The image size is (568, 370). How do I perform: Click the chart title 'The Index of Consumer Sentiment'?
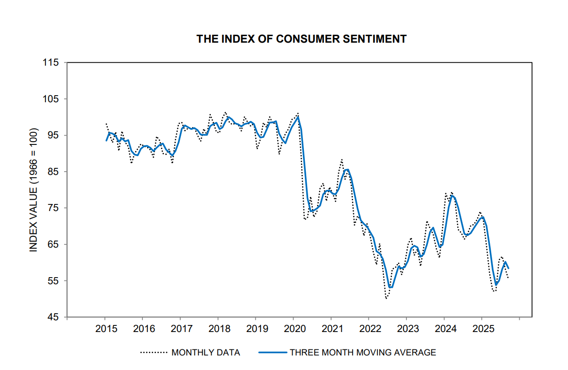301,39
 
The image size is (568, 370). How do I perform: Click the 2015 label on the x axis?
105,328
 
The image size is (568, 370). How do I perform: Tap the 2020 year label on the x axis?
293,328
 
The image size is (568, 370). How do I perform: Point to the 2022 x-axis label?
369,328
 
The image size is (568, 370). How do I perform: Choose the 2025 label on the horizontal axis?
482,328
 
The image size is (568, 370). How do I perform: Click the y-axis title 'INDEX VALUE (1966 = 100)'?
33,190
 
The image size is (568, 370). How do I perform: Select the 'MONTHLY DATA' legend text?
206,353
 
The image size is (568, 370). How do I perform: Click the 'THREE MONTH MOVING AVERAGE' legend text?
363,353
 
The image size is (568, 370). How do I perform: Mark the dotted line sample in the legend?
154,353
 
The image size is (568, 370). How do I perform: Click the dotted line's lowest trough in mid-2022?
386,298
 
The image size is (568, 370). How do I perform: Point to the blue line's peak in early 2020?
298,117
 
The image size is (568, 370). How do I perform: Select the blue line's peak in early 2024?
452,196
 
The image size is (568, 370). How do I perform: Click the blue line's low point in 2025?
496,285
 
